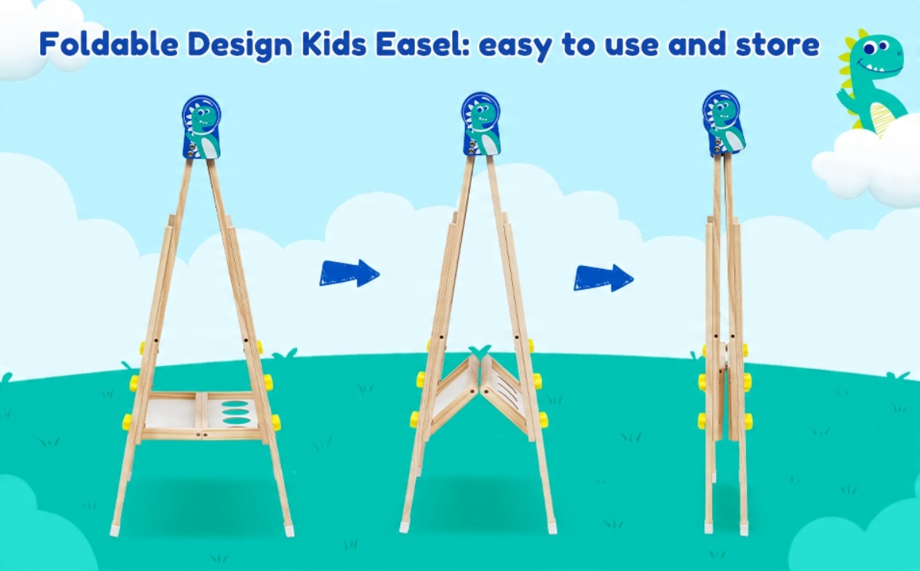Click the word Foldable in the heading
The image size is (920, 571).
(x=109, y=44)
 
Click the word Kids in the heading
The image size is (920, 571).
(x=334, y=44)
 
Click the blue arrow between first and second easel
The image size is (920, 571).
(x=349, y=273)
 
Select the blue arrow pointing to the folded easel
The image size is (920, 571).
(x=603, y=277)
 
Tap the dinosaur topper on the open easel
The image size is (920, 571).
(x=201, y=127)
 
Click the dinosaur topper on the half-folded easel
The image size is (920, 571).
(x=480, y=124)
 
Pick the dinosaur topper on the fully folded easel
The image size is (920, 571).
(x=724, y=123)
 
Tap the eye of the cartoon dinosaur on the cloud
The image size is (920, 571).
(x=882, y=45)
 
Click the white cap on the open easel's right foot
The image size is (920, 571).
(x=289, y=531)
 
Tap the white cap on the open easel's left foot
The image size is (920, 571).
(x=115, y=530)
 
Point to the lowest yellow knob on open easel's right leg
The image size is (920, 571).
(x=275, y=422)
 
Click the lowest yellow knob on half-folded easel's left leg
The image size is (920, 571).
(x=414, y=419)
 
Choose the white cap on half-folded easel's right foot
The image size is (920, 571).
(x=552, y=529)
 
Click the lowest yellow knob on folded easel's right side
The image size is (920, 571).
(x=748, y=422)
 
